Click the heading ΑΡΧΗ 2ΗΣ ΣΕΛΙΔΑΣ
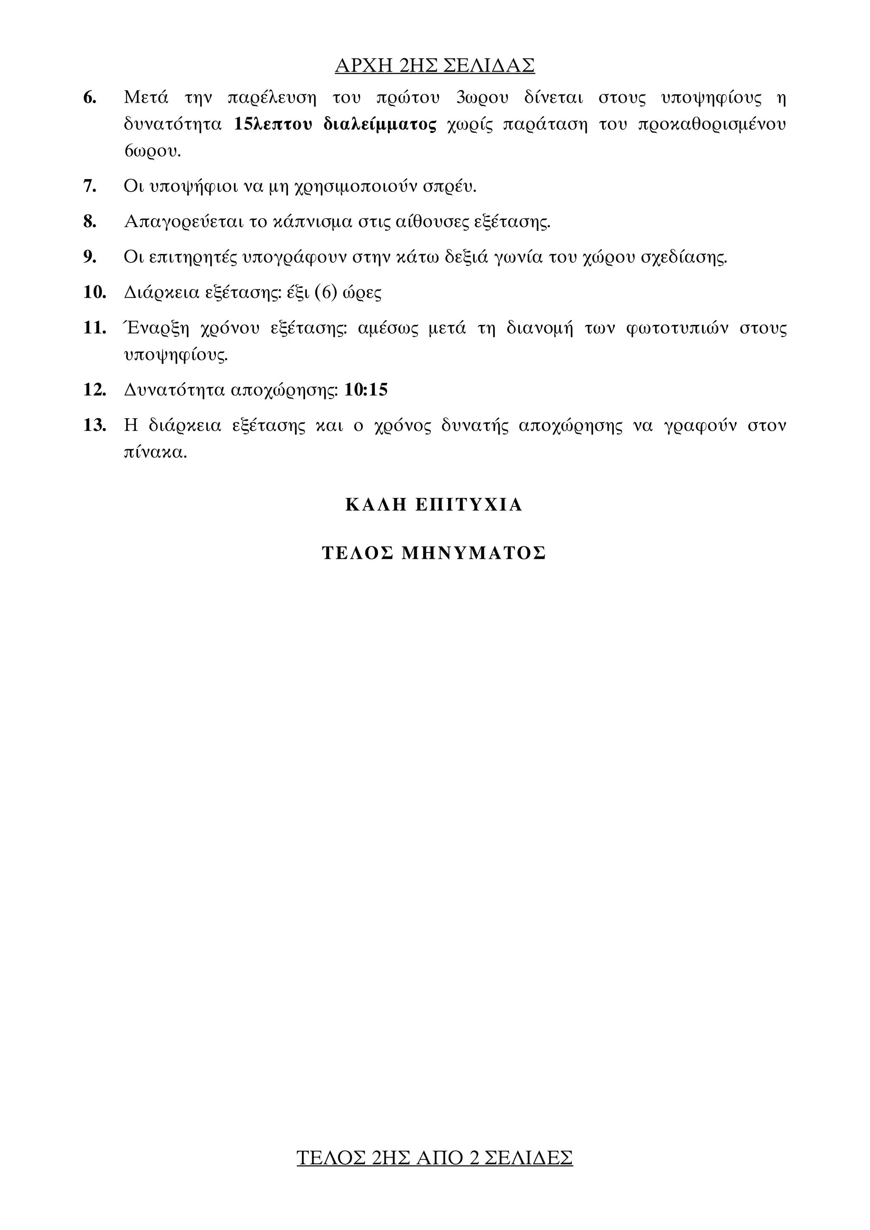click(435, 65)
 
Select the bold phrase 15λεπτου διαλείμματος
click(335, 124)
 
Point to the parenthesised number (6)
click(325, 293)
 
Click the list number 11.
click(95, 327)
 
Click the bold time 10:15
click(366, 389)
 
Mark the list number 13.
click(95, 425)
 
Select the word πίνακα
click(155, 453)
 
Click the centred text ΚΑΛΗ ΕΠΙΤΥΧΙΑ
click(434, 505)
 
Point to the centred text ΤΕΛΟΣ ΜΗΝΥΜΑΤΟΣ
click(434, 553)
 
